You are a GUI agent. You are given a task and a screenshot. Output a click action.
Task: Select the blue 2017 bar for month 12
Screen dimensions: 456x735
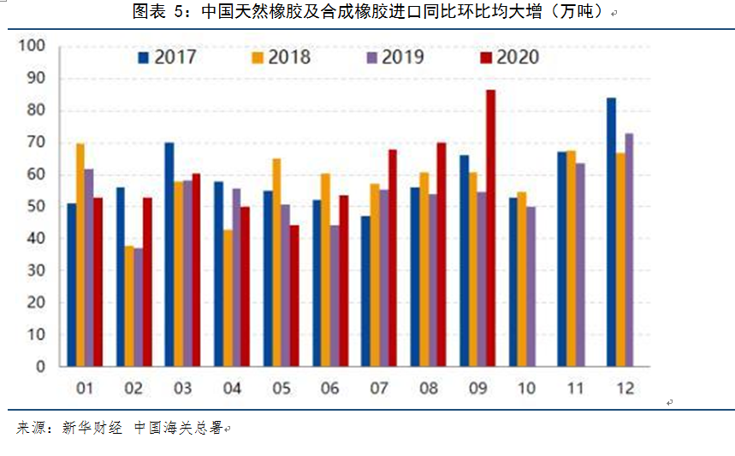[611, 232]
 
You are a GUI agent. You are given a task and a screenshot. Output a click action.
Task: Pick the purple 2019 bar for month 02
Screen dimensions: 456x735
[139, 307]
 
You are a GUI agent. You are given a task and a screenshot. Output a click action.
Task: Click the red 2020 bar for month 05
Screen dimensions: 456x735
[294, 296]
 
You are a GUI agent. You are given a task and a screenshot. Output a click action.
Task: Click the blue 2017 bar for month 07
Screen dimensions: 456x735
[365, 291]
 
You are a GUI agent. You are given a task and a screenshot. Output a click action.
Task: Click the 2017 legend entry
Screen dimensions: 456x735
[167, 58]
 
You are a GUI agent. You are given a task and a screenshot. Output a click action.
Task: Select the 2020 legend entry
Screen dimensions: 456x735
[509, 58]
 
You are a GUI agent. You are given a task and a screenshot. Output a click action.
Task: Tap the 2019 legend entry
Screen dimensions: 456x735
[394, 58]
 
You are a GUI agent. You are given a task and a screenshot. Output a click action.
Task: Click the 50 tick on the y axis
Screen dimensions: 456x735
[34, 206]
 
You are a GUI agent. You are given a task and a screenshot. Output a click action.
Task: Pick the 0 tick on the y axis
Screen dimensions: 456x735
[39, 367]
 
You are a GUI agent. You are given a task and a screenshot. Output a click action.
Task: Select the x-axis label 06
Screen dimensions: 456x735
[329, 389]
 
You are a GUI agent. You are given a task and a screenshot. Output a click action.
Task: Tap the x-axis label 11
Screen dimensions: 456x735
[574, 389]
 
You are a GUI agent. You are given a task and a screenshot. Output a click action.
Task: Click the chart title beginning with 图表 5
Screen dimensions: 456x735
[368, 12]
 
